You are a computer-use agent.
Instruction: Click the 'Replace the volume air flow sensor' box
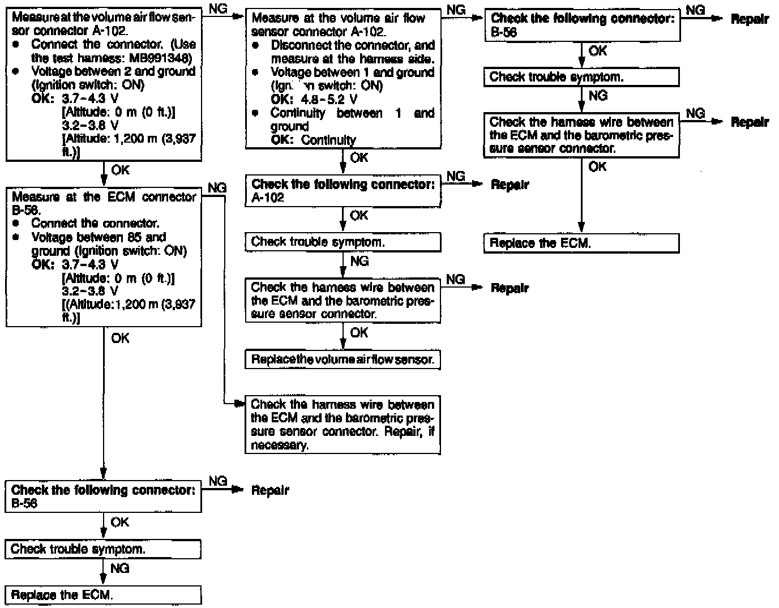(x=343, y=360)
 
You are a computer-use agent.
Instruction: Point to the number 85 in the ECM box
(x=135, y=237)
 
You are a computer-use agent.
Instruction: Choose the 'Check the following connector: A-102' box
(x=343, y=191)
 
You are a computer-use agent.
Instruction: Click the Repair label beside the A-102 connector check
(x=510, y=185)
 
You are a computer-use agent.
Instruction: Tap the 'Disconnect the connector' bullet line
(x=352, y=45)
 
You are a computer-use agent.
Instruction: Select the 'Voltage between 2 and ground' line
(x=113, y=71)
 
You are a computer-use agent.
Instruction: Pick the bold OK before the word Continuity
(x=281, y=140)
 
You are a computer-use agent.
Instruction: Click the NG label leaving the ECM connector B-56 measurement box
(x=217, y=188)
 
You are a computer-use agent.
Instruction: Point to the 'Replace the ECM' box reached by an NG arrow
(x=103, y=595)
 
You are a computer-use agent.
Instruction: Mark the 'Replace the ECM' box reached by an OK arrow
(x=581, y=243)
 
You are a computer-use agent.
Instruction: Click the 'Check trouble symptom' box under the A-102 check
(x=343, y=242)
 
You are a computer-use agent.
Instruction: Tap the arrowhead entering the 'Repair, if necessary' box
(x=240, y=404)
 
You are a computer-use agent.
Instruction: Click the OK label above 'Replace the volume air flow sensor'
(x=359, y=332)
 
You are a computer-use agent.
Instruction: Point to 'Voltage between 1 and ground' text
(x=352, y=72)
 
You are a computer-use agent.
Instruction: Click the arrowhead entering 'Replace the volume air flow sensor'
(x=343, y=346)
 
